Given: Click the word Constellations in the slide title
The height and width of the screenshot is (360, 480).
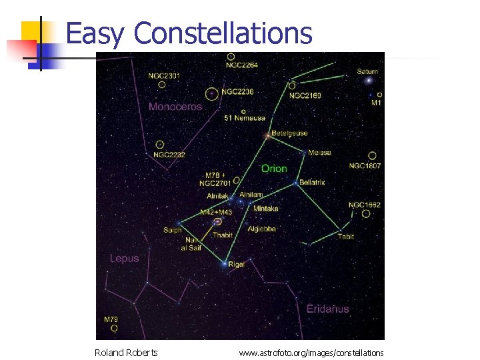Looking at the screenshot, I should coord(226,33).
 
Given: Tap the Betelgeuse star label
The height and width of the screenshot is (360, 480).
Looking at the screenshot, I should coord(289,133).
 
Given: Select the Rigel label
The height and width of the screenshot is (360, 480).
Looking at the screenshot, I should coord(237,265).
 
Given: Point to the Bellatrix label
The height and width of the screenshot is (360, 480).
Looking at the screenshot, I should coord(312,182).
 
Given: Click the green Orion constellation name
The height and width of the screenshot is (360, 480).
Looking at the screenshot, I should coord(274,169).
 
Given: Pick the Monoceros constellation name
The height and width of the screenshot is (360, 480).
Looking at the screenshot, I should coord(175,107).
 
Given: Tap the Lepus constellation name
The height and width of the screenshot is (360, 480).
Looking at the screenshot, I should coord(125,258).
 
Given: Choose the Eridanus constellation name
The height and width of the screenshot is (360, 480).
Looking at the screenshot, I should coord(327,309).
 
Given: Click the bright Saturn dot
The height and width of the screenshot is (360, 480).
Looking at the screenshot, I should coord(368,81).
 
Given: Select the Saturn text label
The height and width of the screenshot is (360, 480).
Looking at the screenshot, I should coord(367,71).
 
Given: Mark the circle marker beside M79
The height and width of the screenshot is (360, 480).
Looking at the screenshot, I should coord(114,329).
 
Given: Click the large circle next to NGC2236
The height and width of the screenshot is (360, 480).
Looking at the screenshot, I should coord(212,94).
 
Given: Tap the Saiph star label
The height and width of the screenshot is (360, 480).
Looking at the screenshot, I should coord(172,231).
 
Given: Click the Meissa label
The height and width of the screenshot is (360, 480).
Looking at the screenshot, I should coord(319,153).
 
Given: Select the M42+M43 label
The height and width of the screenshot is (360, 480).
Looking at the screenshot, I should coord(216,212).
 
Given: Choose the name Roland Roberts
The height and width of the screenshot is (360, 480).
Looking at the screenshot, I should coord(126,353).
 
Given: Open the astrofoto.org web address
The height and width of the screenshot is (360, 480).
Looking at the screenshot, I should coord(311,353).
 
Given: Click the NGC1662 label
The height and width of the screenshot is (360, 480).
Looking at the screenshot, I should coord(365,205).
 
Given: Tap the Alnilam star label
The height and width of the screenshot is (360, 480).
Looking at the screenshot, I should coord(251,195).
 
